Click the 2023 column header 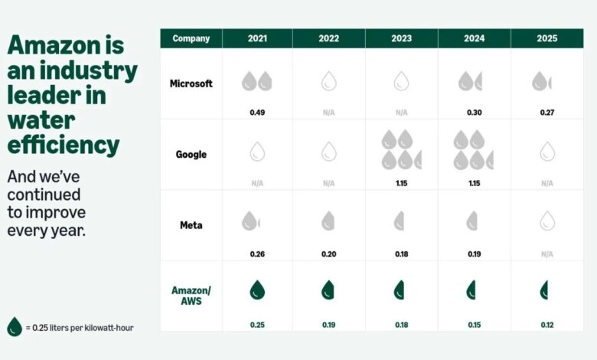401,38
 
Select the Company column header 191,38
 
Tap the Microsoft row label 191,83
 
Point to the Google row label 191,154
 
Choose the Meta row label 191,225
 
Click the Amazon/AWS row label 191,296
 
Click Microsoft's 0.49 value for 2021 257,113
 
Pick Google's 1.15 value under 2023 401,183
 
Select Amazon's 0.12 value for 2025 547,325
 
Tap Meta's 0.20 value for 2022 328,254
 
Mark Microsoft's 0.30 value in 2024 475,113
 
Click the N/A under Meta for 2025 547,254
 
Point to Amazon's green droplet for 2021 257,290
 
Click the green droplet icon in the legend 15,327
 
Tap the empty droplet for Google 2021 257,152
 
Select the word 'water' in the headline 41,120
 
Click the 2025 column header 547,38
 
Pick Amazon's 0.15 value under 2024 475,325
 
